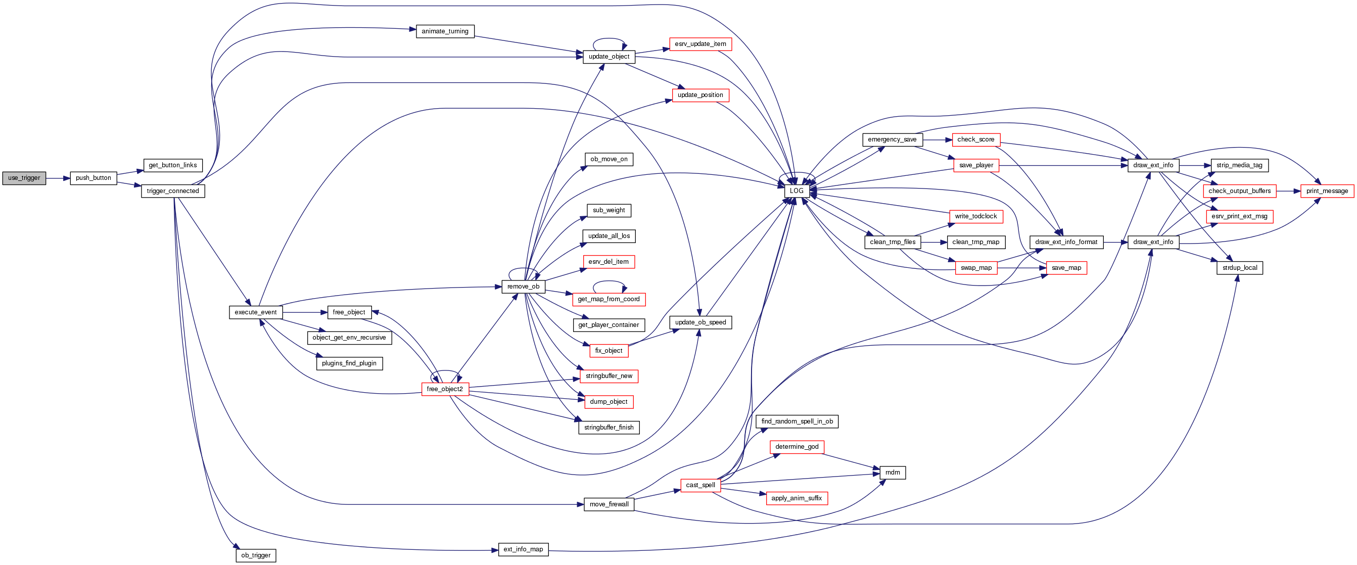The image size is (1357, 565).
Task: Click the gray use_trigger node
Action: (x=24, y=178)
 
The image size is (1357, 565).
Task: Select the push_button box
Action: (x=93, y=178)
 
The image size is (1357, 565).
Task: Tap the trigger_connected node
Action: (x=173, y=191)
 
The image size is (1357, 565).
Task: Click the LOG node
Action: (x=797, y=191)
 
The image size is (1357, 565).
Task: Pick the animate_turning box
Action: (x=445, y=31)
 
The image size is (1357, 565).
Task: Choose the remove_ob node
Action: (x=523, y=287)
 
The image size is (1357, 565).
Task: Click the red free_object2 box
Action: (x=445, y=389)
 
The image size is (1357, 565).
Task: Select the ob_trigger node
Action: (x=256, y=555)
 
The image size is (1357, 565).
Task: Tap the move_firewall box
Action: (x=609, y=504)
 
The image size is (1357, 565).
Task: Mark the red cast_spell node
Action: (x=700, y=485)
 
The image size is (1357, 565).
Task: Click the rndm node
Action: (x=893, y=473)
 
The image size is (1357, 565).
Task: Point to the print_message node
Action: (x=1327, y=191)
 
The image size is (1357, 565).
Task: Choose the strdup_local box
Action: (x=1240, y=268)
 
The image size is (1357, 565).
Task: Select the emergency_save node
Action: (x=892, y=139)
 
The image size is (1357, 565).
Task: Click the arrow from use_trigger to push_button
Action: (x=58, y=178)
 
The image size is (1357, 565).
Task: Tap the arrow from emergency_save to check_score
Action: (x=937, y=139)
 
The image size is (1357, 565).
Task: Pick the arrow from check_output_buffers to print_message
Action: (x=1288, y=191)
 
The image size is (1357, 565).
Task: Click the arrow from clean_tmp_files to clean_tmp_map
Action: (x=934, y=242)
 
